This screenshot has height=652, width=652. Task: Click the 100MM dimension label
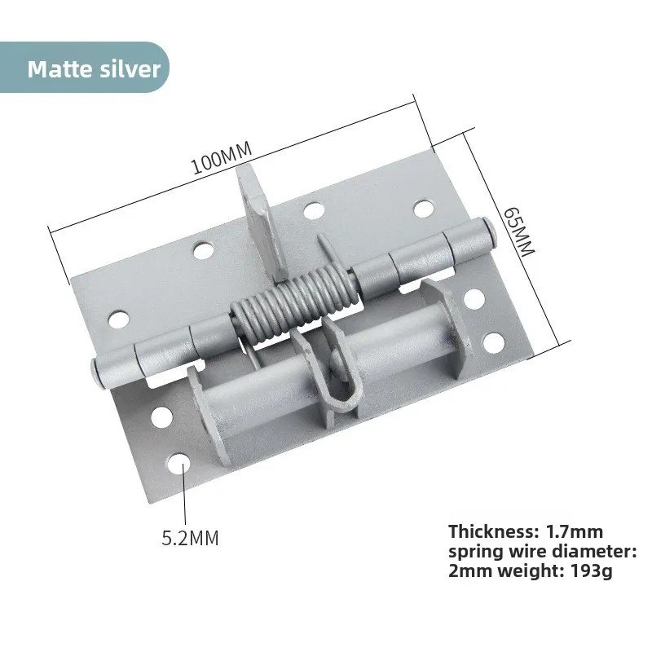coord(222,158)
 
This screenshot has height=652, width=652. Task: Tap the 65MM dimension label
coord(518,232)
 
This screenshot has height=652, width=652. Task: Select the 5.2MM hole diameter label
coord(190,538)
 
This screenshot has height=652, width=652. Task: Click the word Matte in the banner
coord(59,68)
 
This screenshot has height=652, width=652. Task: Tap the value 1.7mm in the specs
coord(575,531)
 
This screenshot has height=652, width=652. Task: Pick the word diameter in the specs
coord(594,552)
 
